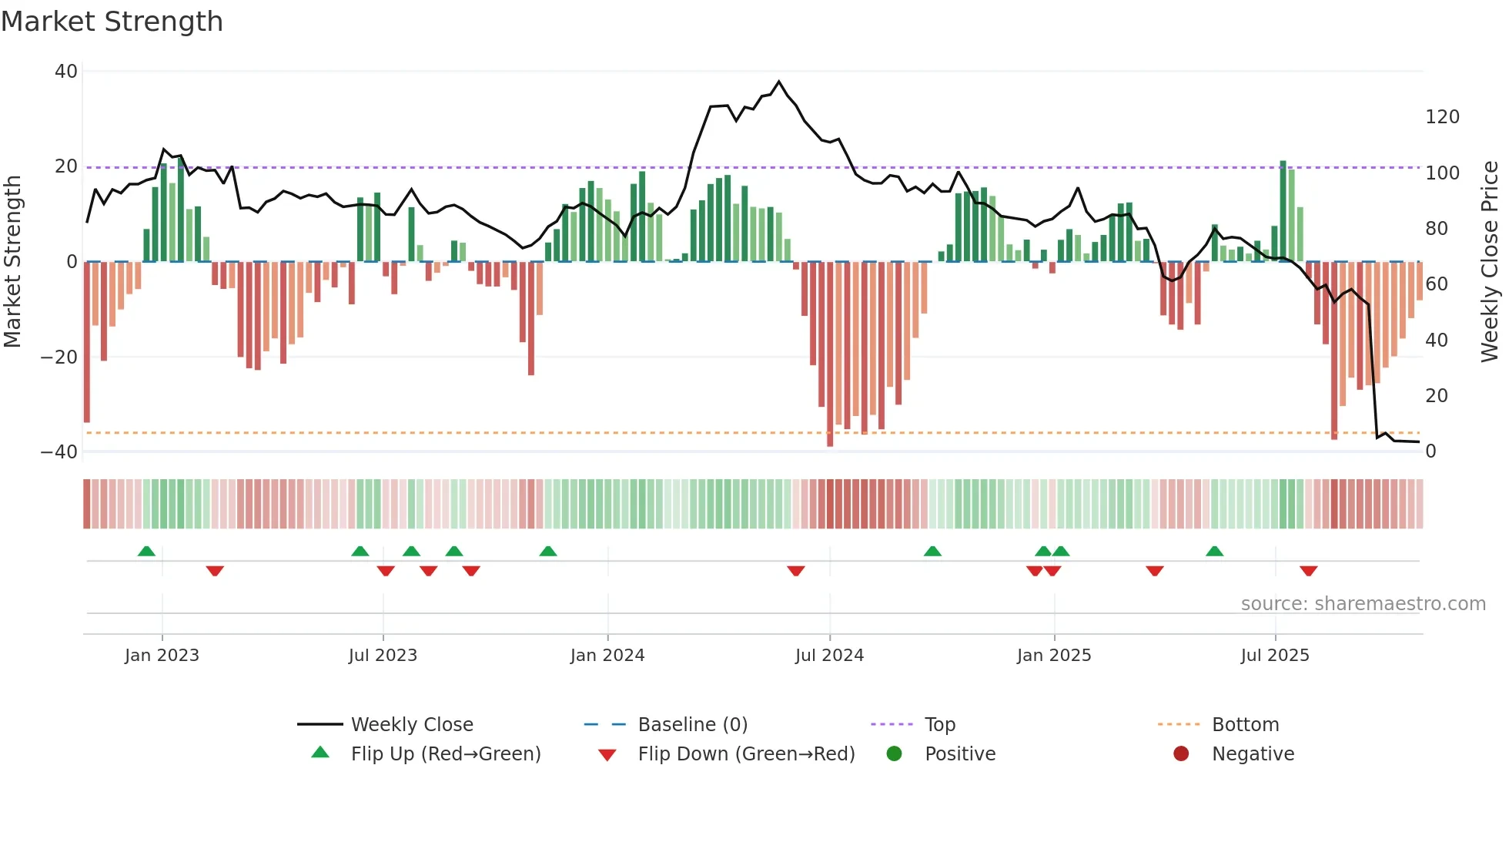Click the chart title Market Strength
[112, 22]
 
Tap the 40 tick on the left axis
[66, 72]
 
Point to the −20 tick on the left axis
[59, 357]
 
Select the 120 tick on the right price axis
[1442, 117]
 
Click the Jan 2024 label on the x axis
[607, 656]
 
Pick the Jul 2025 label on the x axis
[1274, 656]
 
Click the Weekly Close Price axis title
[1490, 262]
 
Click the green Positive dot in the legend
[894, 754]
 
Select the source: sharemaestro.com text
[1363, 604]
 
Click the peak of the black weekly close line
[779, 82]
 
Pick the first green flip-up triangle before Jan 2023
[146, 551]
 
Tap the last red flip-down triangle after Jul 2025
[1308, 571]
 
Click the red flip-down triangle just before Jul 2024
[796, 571]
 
